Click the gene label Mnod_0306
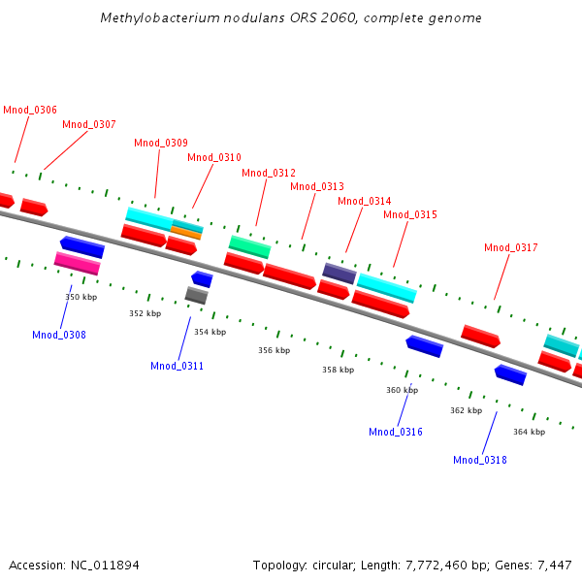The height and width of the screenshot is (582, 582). point(29,111)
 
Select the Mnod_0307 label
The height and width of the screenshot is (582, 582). point(89,124)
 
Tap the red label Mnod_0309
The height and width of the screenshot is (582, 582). point(161,144)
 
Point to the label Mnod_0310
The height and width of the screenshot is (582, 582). point(214,157)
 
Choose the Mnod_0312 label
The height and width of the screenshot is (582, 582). point(269,173)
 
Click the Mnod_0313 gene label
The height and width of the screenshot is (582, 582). point(317,186)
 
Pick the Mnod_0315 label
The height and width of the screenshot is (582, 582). point(410,214)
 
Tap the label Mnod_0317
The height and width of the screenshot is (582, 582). point(511,247)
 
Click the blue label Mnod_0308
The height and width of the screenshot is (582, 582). point(59,335)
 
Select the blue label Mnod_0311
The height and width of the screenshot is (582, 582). point(177,366)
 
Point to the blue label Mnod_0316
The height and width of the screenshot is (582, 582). point(396,432)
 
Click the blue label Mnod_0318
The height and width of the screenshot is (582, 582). point(480,460)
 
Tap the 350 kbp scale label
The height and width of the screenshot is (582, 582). point(81,297)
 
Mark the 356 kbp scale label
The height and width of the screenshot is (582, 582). point(274,350)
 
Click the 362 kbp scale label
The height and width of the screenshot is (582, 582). point(466,410)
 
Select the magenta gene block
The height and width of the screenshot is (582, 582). point(78,263)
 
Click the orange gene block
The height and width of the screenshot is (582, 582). point(186,233)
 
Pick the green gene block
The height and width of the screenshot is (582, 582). point(249,246)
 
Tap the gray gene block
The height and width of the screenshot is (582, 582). point(196,295)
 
